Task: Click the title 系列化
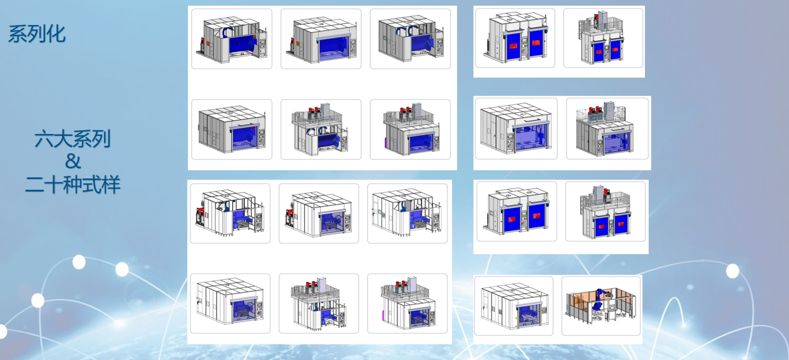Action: point(37,34)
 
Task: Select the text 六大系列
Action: point(73,139)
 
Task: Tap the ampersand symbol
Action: point(73,161)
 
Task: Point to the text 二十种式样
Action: point(73,184)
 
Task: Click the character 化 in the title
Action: point(56,34)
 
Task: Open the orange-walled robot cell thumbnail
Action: point(601,306)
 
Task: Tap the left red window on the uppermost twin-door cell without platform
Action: point(513,46)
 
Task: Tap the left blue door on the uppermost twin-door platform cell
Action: point(599,52)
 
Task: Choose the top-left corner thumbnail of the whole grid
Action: point(232,39)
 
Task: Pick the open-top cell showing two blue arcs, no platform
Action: point(410,39)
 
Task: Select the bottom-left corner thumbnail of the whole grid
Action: point(230,303)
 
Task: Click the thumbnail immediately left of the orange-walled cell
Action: point(513,306)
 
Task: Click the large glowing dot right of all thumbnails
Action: point(733,271)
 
